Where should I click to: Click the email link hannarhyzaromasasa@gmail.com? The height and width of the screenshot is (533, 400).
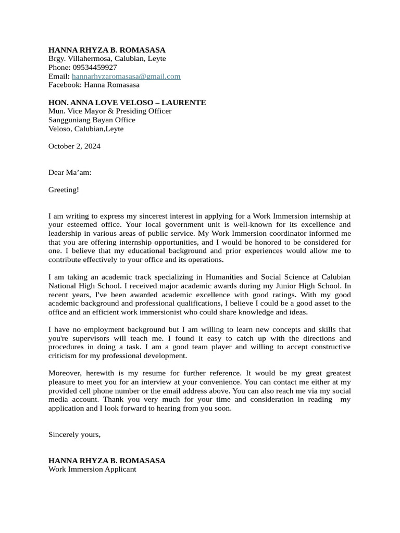pos(126,76)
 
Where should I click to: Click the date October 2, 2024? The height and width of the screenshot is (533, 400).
pos(74,146)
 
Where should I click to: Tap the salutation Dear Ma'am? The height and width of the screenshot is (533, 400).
pos(70,172)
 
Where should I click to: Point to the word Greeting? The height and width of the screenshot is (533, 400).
pos(64,190)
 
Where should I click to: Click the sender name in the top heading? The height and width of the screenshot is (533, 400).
pos(107,50)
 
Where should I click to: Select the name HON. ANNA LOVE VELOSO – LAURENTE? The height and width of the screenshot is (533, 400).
pos(127,103)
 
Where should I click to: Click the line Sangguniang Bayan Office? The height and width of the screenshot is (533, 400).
pos(92,120)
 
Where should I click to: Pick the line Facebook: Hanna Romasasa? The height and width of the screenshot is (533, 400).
pos(94,85)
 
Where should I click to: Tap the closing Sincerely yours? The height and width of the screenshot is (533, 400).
pos(74,434)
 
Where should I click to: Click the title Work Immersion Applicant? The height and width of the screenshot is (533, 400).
pos(92,469)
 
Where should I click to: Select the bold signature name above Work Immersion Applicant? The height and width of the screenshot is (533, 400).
pos(107,461)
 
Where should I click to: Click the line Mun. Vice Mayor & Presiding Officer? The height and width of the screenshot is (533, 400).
pos(110,111)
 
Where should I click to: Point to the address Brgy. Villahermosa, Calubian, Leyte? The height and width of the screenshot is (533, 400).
pos(107,59)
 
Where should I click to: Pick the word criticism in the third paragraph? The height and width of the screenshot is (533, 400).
pos(65,356)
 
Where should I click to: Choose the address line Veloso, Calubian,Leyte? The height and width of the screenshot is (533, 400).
pos(86,129)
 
